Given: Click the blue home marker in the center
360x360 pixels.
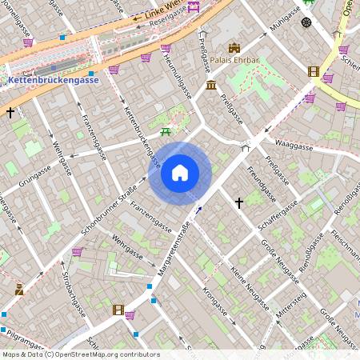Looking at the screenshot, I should [180, 173].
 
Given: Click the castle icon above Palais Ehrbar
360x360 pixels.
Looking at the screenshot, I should [234, 49].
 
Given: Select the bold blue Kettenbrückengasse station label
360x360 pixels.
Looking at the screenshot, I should [53, 81].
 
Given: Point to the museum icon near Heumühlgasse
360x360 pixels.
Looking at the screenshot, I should [210, 86].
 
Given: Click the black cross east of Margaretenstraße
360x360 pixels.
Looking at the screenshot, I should [238, 204].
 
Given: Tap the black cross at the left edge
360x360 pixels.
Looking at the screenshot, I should [10, 114].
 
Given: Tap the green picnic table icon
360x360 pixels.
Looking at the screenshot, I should [166, 130].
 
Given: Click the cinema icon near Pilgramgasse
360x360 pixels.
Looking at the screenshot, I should [118, 310].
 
